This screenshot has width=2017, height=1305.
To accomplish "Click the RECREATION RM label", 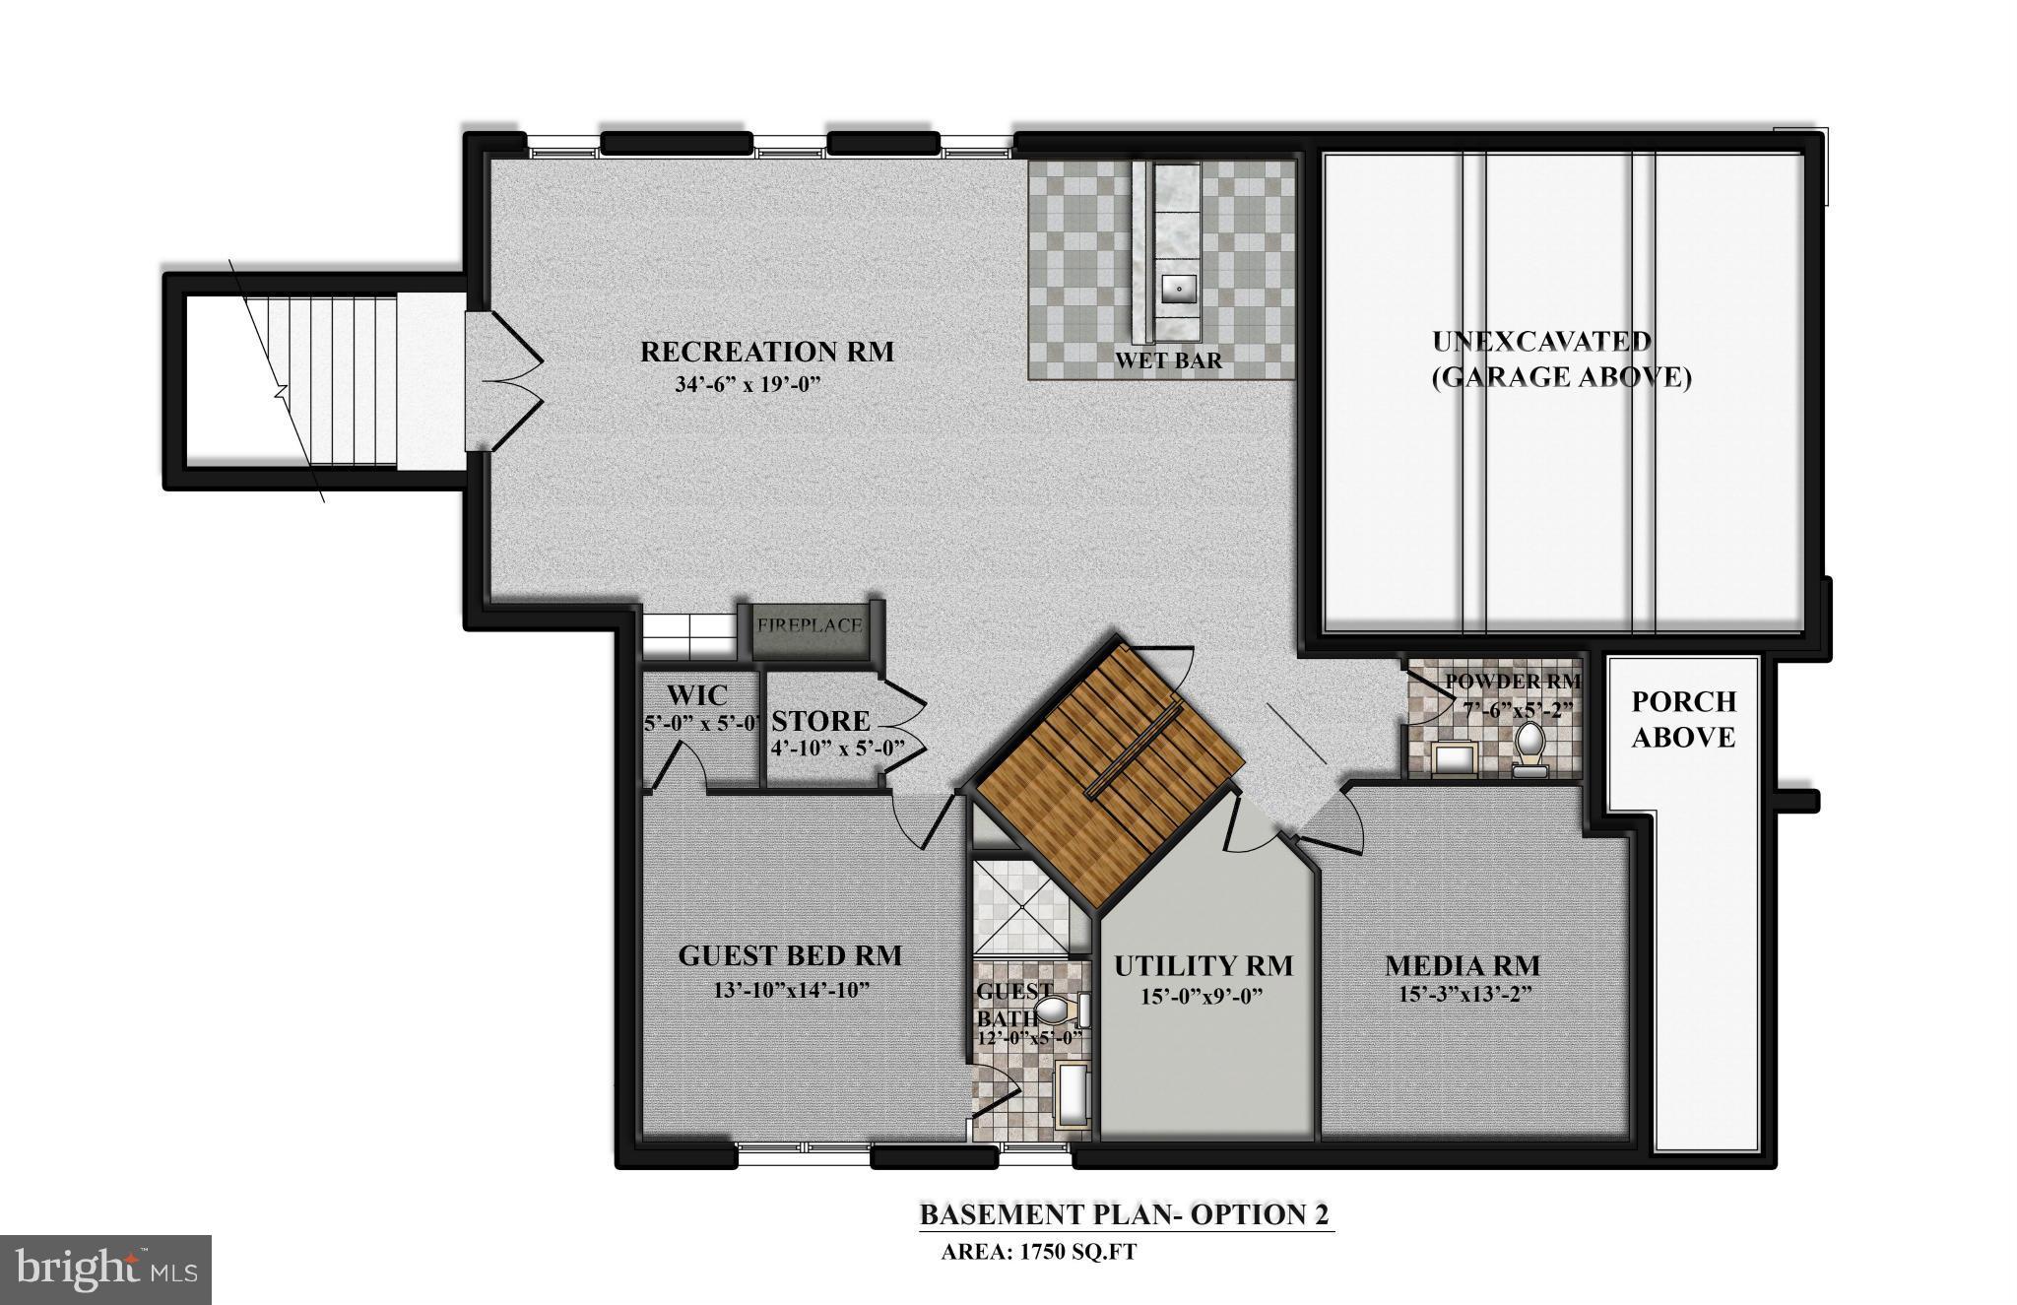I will pos(767,352).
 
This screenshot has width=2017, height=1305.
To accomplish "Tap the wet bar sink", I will pos(1177,289).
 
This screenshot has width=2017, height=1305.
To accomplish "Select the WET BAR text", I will pos(1168,360).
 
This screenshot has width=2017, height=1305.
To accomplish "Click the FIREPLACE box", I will pos(810,625).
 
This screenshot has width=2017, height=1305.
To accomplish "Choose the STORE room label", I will pos(820,721).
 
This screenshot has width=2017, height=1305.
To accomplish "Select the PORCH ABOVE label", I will pos(1683,719).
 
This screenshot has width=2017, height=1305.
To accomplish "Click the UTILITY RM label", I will pos(1203,966).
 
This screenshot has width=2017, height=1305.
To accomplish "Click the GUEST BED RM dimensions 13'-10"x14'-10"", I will pos(791,989).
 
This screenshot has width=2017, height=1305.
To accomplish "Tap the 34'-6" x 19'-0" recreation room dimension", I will pos(748,384).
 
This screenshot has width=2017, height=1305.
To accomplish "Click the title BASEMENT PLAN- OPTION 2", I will pos(1124,1213).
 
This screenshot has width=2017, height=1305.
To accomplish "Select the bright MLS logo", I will pos(106,1270).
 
